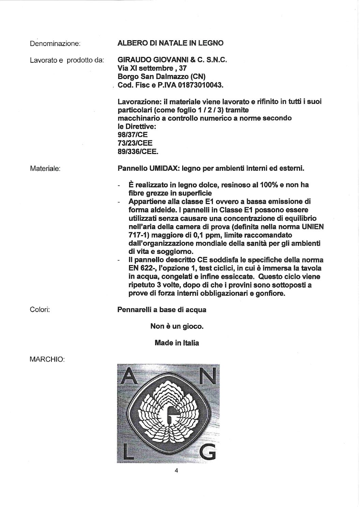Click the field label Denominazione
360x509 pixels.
[x=55, y=44]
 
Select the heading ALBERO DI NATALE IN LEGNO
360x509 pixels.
[x=170, y=43]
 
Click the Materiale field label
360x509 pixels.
[x=45, y=168]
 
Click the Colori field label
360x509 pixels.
[x=40, y=310]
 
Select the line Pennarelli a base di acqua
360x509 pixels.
[x=162, y=310]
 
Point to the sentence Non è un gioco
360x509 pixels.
[x=177, y=326]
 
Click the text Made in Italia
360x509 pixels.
[x=177, y=343]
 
